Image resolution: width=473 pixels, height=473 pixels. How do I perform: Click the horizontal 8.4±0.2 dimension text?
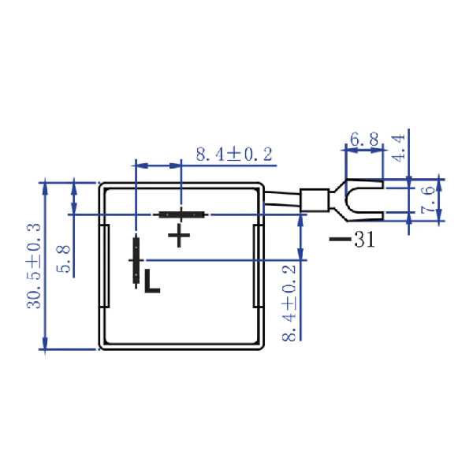[233, 154]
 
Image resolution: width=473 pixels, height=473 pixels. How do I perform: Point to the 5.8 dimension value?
[65, 259]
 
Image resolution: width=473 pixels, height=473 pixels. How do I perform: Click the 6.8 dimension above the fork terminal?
[364, 140]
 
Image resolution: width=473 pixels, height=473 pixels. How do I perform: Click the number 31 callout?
[364, 240]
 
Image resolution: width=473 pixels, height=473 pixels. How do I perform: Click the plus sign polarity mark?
[179, 235]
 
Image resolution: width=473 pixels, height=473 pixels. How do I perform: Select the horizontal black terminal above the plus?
[182, 214]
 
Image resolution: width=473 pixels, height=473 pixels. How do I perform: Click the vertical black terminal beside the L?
[136, 260]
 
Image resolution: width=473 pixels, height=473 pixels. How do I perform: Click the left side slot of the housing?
[103, 266]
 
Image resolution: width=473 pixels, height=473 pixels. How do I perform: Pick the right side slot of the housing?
[255, 266]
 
